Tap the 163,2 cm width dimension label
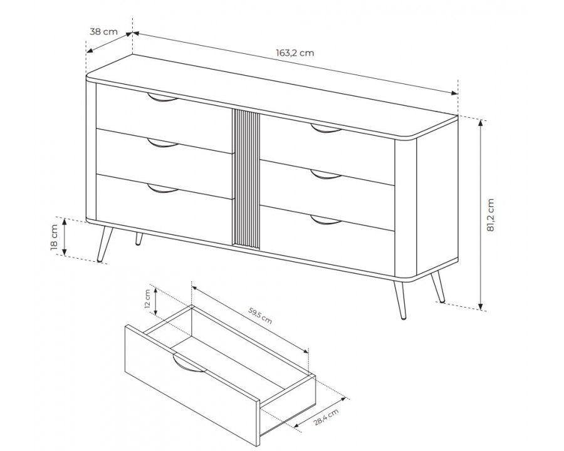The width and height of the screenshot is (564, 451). click(x=295, y=53)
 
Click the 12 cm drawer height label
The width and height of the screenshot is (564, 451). click(x=148, y=299)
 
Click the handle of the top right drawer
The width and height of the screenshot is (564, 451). click(x=325, y=130)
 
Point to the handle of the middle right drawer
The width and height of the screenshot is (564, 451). click(x=325, y=175)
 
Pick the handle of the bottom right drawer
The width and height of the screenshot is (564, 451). click(x=325, y=220)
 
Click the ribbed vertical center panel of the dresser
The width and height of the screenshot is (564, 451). click(x=246, y=179)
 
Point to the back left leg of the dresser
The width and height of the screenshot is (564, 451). click(x=138, y=239)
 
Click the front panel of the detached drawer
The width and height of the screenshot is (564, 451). click(x=188, y=382)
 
